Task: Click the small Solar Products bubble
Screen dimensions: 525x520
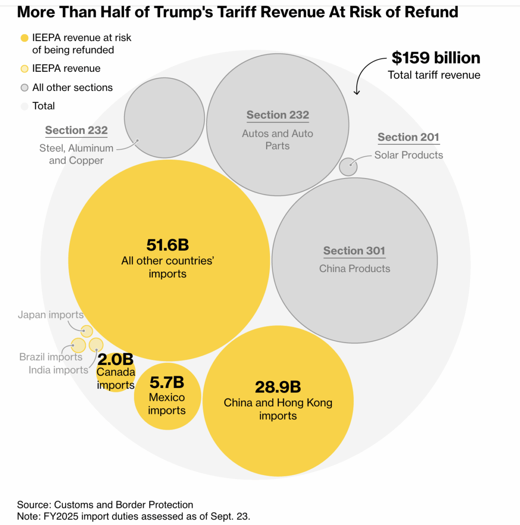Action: point(348,167)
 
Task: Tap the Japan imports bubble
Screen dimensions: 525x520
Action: point(87,331)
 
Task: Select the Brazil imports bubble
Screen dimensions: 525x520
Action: point(78,345)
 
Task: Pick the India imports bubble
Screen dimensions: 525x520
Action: point(96,345)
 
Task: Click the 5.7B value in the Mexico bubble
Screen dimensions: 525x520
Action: point(167,383)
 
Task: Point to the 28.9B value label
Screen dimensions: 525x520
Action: point(278,387)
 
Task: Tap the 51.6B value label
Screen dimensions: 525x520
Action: point(168,245)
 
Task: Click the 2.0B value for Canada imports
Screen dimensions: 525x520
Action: point(115,360)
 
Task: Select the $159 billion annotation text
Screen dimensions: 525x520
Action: point(436,58)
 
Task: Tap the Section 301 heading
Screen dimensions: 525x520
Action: point(354,251)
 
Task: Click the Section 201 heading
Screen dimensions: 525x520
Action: point(408,137)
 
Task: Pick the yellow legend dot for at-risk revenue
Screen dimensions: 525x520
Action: point(25,38)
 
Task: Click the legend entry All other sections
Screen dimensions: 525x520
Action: point(72,87)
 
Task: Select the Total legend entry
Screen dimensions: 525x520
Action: point(43,106)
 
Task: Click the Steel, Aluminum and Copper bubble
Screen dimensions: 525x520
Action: point(164,118)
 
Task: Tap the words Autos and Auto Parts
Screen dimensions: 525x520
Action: point(278,140)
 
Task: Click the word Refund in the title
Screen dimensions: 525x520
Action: point(431,12)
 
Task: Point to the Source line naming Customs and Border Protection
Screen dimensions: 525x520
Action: point(105,504)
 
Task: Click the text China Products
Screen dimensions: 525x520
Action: point(355,269)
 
